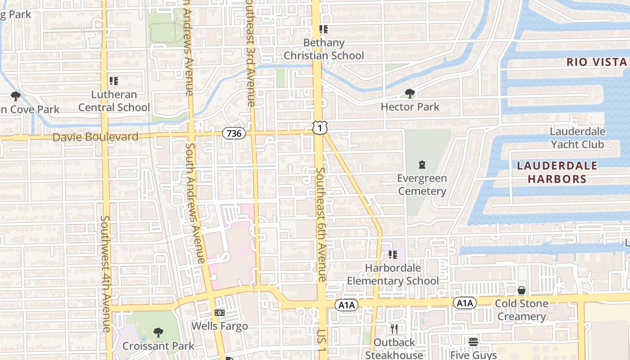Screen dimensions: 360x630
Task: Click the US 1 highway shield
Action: [320, 128]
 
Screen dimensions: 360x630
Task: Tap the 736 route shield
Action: [234, 133]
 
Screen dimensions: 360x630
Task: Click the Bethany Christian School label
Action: [324, 49]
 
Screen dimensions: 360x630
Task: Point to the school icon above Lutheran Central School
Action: [114, 81]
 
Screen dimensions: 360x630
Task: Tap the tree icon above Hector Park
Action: [409, 94]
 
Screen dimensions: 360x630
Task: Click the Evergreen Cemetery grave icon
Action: [422, 165]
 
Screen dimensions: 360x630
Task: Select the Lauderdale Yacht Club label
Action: [577, 138]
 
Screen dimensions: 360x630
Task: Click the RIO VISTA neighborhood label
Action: [596, 62]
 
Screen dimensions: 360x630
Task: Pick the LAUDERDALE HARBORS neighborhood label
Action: [557, 172]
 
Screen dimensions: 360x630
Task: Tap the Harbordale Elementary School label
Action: [393, 274]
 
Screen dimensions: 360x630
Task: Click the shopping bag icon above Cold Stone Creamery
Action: [522, 290]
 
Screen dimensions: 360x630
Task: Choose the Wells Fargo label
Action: [220, 326]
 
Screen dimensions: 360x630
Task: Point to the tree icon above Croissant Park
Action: [158, 333]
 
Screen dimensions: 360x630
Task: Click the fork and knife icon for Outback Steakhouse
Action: [394, 329]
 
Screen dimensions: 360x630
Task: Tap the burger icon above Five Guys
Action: [473, 342]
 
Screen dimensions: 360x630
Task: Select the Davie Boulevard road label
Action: [95, 137]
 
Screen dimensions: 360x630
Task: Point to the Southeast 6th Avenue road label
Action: [321, 225]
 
